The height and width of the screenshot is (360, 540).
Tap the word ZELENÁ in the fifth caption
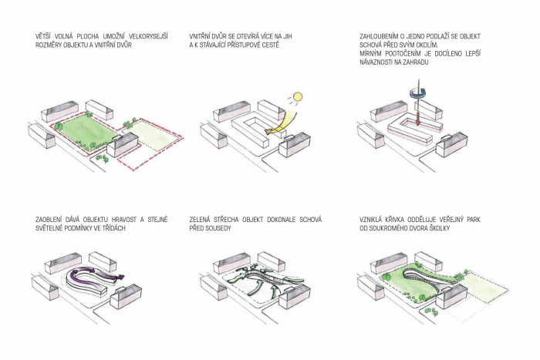[x=204, y=220]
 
